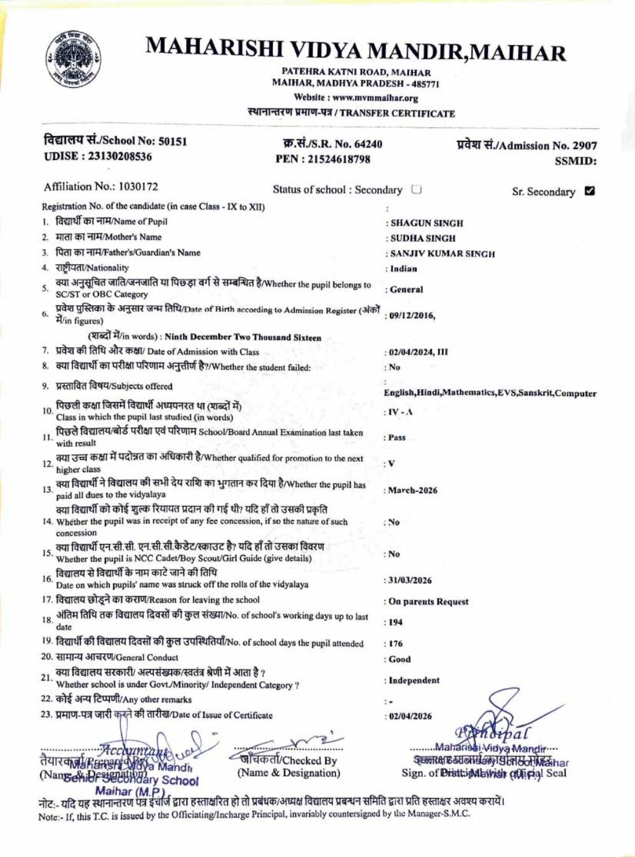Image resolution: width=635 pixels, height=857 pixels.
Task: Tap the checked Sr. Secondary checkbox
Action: pyautogui.click(x=589, y=190)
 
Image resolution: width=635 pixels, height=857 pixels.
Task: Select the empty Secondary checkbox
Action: pyautogui.click(x=417, y=189)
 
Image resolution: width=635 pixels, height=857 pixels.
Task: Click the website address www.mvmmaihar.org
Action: pyautogui.click(x=375, y=98)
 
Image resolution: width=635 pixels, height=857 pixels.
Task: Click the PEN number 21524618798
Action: pyautogui.click(x=338, y=159)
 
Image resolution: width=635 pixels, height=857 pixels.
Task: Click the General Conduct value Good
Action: pyautogui.click(x=400, y=659)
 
